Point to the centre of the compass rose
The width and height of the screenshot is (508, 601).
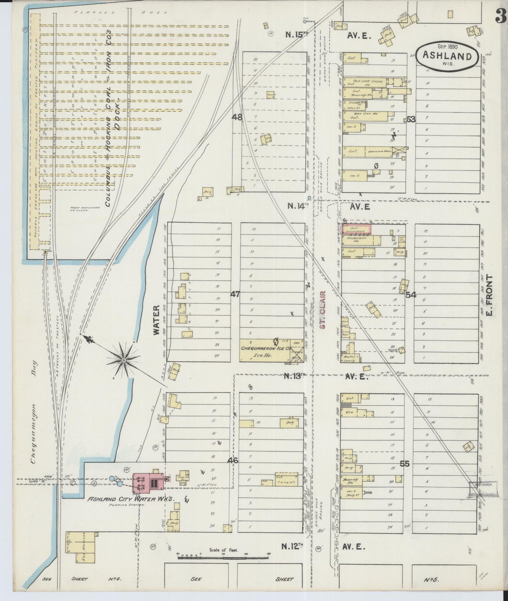(124, 360)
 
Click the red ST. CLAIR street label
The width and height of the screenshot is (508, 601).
(323, 310)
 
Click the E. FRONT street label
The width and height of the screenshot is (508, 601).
(491, 295)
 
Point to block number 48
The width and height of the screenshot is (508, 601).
(237, 118)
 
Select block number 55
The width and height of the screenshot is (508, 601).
(405, 464)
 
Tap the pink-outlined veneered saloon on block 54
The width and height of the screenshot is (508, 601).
(356, 229)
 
